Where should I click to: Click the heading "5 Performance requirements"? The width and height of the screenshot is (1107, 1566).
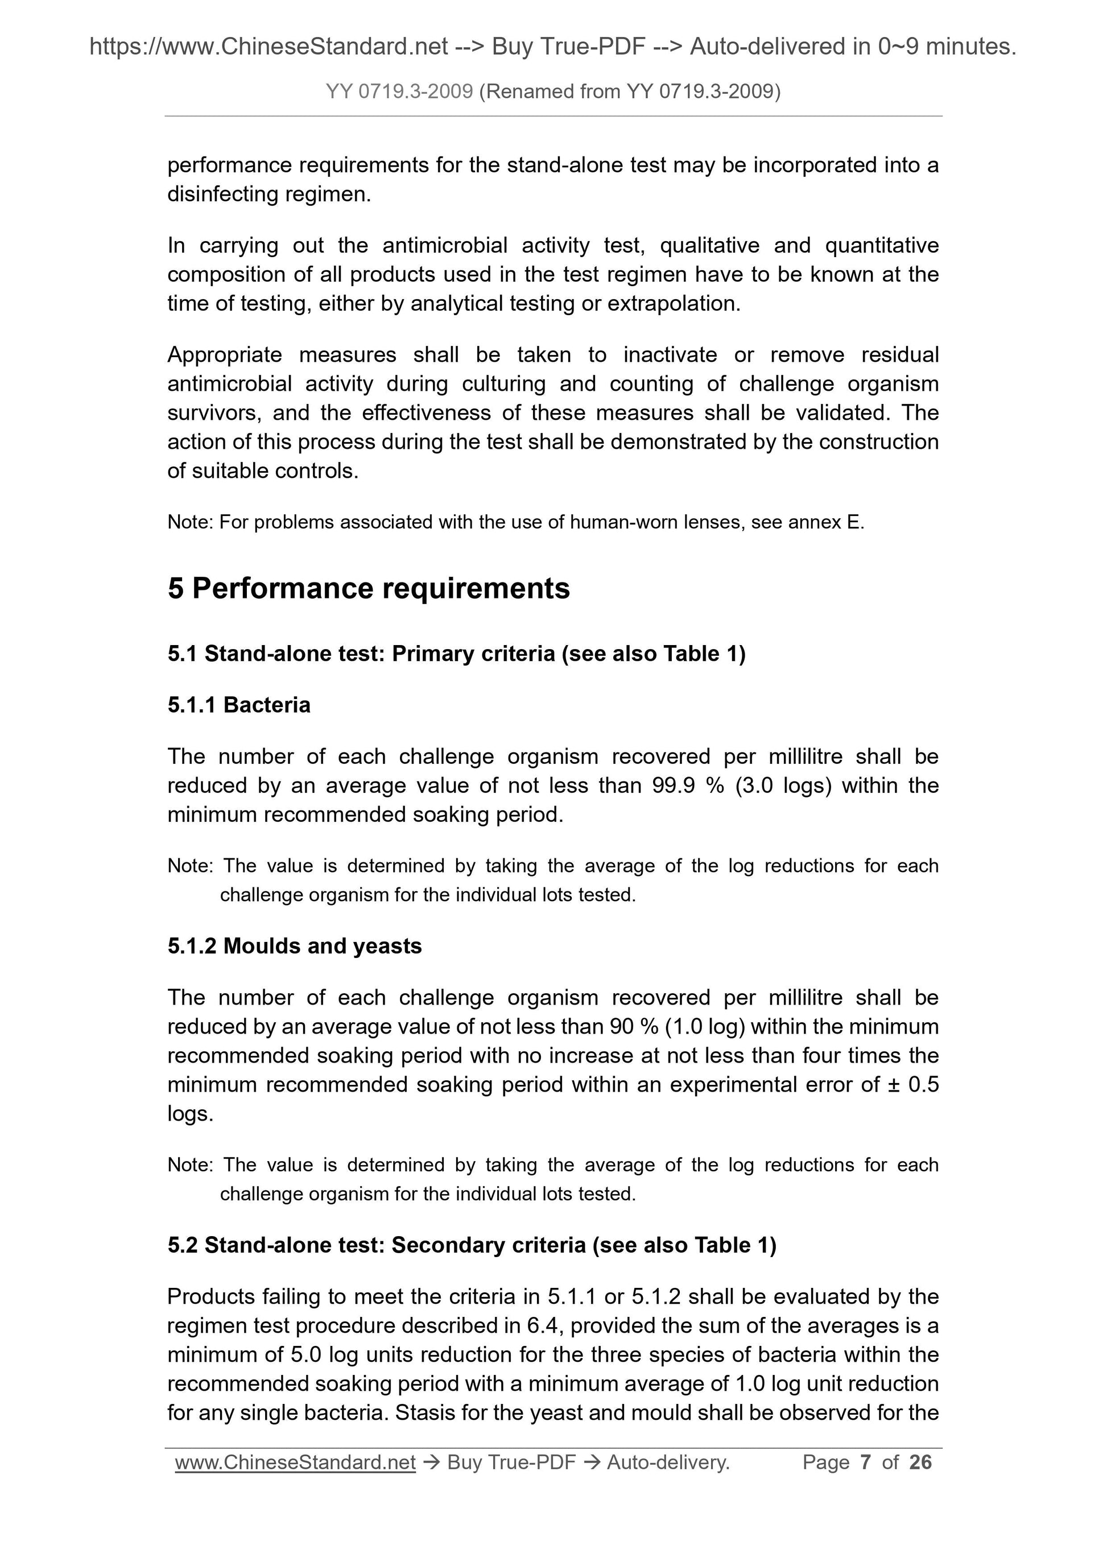click(x=368, y=588)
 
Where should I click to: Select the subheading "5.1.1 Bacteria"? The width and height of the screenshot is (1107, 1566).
click(x=239, y=705)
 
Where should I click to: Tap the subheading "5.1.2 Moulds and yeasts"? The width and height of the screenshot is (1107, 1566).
click(x=295, y=946)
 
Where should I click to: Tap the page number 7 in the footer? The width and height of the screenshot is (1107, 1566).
click(x=866, y=1462)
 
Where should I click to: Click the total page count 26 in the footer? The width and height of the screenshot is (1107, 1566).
click(x=920, y=1462)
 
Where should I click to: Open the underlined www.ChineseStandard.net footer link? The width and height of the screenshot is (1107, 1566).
click(x=295, y=1462)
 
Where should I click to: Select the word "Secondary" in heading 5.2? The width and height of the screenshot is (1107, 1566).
click(x=488, y=1245)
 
